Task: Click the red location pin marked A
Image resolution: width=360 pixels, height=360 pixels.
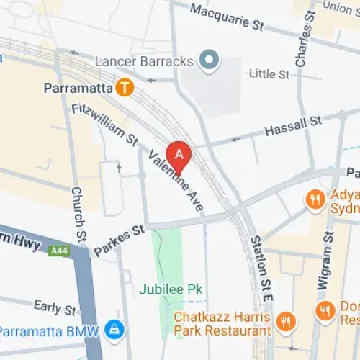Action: click(x=179, y=154)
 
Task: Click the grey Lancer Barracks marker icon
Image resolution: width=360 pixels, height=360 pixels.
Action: click(x=209, y=60)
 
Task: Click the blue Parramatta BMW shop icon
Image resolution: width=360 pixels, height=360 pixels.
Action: click(x=113, y=330)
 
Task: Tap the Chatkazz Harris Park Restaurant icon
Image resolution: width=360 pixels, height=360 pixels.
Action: click(x=286, y=320)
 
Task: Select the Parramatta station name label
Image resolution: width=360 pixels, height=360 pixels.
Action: click(x=78, y=89)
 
